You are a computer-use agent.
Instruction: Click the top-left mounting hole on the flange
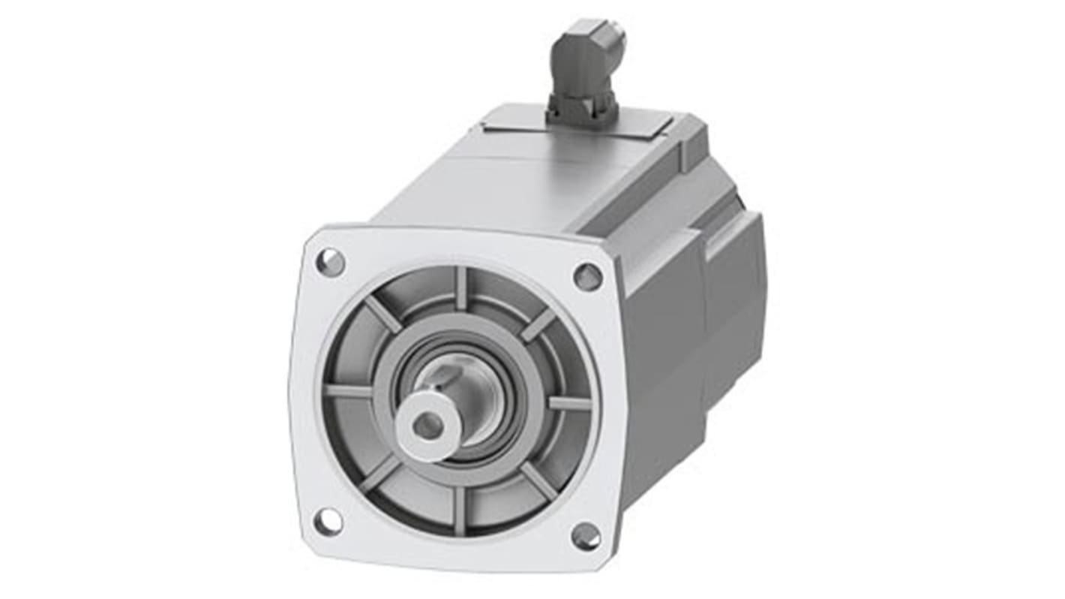click(331, 262)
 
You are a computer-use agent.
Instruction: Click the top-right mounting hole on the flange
click(588, 276)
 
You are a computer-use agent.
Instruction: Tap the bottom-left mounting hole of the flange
click(328, 522)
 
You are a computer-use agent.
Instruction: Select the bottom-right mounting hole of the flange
click(585, 536)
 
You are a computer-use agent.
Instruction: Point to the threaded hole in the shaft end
click(427, 426)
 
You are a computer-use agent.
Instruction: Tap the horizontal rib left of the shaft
click(349, 391)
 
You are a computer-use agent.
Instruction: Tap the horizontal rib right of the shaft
click(569, 403)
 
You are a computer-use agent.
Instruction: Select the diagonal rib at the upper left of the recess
click(382, 314)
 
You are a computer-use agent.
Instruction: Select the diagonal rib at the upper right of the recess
click(538, 323)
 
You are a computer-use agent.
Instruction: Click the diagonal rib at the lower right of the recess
click(538, 480)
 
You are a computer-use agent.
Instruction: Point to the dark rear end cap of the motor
click(735, 300)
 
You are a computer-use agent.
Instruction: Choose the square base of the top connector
click(583, 111)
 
